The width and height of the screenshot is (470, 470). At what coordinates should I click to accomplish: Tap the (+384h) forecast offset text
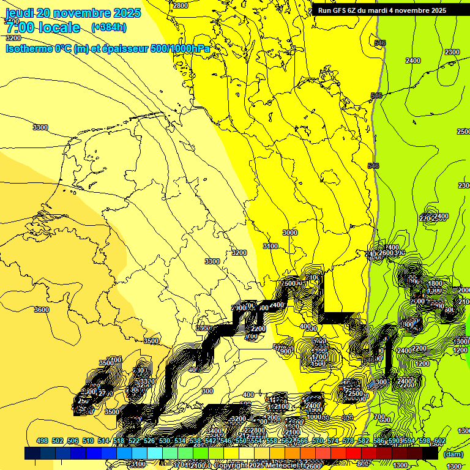(108, 27)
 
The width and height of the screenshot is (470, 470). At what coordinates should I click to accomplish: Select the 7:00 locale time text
(43, 28)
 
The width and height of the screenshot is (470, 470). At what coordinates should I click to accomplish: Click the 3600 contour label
(42, 310)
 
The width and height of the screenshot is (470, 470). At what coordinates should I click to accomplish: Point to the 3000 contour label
(289, 233)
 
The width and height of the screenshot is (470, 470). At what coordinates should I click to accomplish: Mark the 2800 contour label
(181, 6)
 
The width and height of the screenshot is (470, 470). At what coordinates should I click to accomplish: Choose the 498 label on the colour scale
(42, 441)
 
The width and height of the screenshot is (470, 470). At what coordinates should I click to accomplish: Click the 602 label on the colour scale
(439, 441)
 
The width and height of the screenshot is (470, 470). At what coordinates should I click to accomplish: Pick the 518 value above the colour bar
(119, 441)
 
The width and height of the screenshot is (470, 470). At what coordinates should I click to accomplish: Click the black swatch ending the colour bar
(430, 453)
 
